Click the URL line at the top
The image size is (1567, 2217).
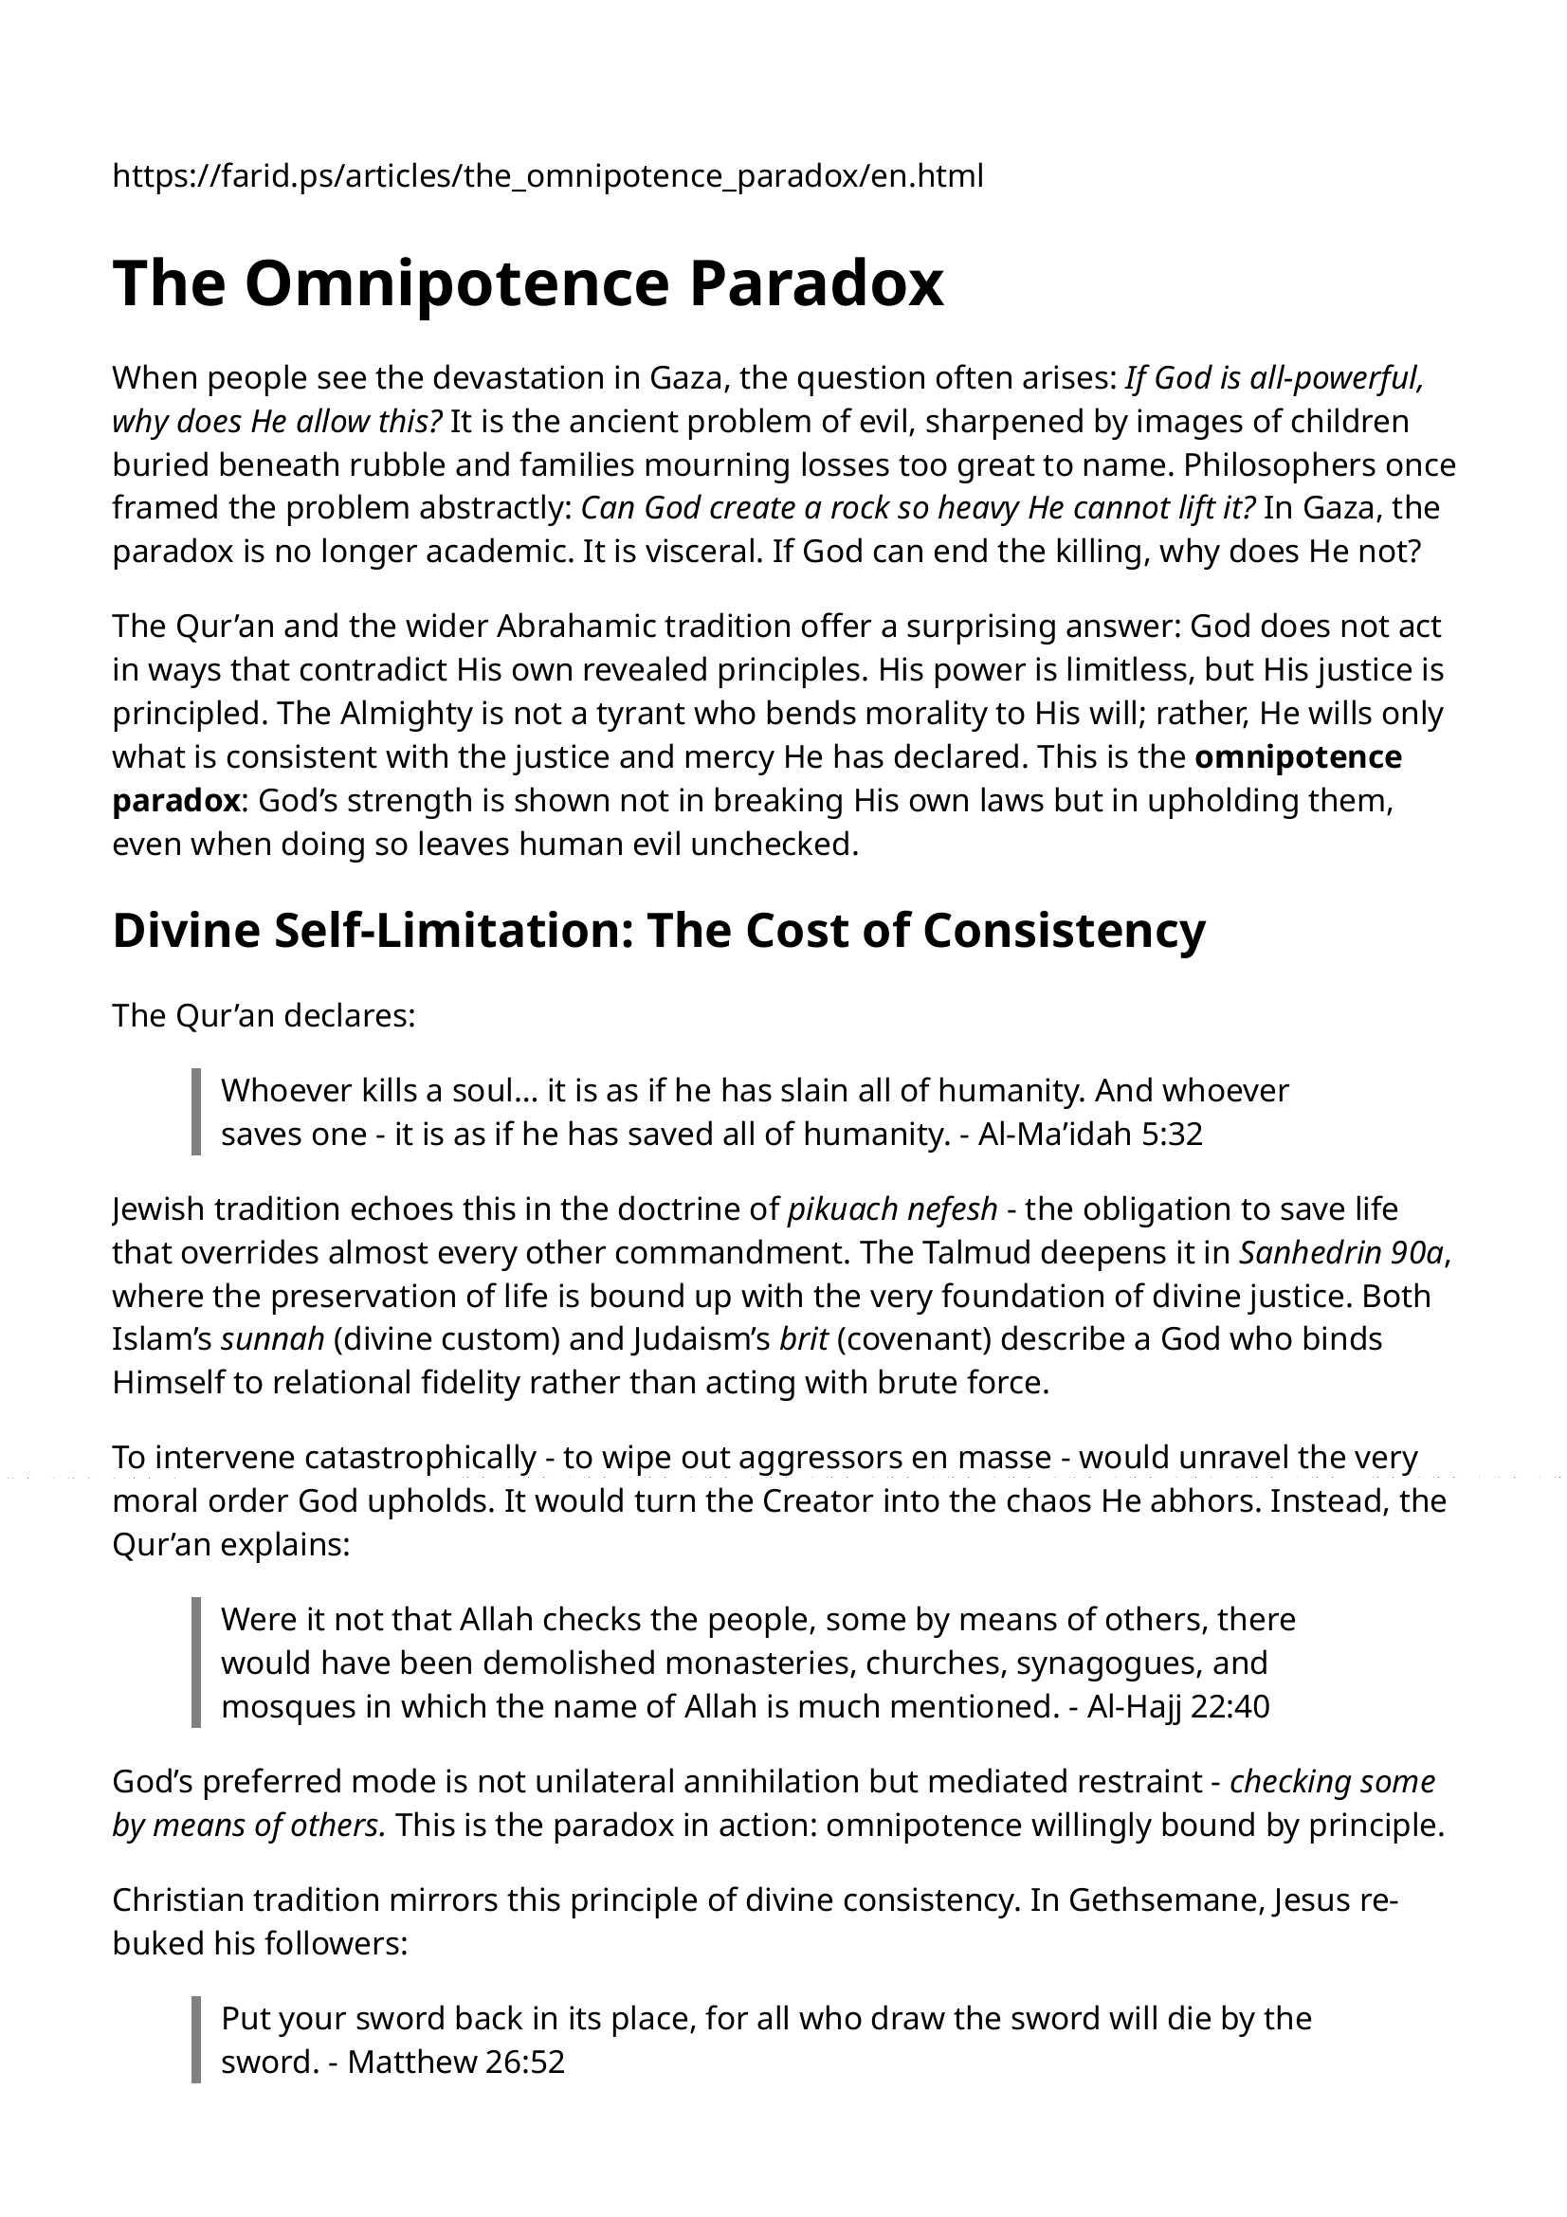(547, 176)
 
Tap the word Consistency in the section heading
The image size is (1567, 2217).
(1064, 931)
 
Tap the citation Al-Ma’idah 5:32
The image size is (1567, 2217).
(1090, 1134)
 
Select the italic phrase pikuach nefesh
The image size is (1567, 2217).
(892, 1208)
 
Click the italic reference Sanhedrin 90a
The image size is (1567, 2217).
(1341, 1252)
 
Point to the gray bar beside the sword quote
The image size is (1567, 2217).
(196, 2040)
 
